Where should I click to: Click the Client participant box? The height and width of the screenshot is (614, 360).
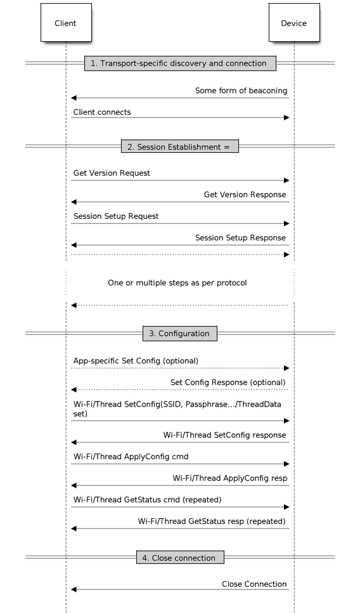point(66,22)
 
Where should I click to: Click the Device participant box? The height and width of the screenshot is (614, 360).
point(294,22)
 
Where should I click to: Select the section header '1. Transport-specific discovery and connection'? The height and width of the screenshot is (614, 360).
point(180,63)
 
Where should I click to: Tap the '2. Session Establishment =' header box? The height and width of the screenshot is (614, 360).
point(179,147)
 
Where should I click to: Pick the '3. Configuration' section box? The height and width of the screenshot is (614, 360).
point(179,334)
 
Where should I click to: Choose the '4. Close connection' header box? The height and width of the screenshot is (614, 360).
point(180,558)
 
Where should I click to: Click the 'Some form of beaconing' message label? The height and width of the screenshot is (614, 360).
point(241,91)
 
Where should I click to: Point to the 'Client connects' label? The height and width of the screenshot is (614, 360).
point(102,112)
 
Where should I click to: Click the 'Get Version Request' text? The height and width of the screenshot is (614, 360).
point(112,173)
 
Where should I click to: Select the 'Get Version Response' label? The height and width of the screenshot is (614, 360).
point(245,195)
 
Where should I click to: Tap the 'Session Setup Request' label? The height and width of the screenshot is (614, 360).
point(116,216)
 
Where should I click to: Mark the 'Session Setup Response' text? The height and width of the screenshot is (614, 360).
point(241,238)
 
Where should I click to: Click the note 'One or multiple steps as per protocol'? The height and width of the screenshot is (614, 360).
point(177,283)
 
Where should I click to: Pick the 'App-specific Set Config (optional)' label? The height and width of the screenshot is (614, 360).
point(136,361)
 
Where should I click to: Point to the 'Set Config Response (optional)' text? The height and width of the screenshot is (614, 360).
point(228,382)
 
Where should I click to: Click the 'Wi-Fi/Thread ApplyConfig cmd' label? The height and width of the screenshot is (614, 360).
point(131,457)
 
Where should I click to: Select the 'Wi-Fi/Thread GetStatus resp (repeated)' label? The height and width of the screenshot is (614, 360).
point(212,521)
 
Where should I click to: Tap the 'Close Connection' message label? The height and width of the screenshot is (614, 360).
point(254,584)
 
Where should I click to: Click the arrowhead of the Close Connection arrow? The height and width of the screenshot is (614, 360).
point(74,589)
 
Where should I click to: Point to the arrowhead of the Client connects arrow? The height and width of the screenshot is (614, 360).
point(286,117)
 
